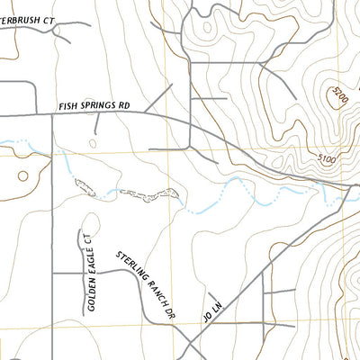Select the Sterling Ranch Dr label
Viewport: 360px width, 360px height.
point(143,284)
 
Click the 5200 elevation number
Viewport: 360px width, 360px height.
point(337,93)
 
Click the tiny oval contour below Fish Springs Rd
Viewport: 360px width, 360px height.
point(94,141)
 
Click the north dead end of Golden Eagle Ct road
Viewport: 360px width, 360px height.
point(88,219)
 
